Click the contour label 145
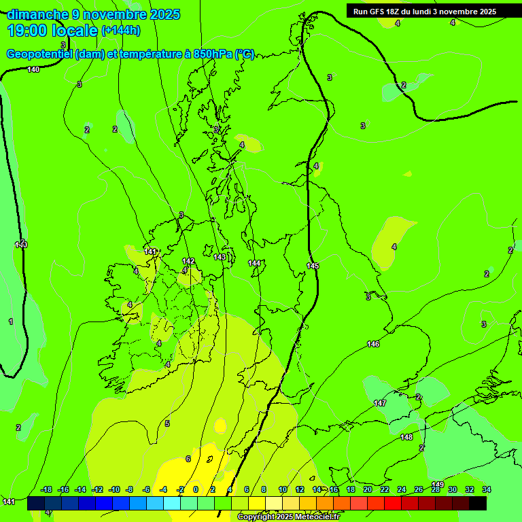point(313,266)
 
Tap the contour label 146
point(373,344)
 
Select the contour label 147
point(380,403)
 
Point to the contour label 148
point(406,437)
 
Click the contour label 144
point(254,263)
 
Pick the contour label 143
point(220,257)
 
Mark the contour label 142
point(188,261)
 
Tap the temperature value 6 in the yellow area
point(188,459)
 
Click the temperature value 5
point(167,423)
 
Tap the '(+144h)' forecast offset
point(120,31)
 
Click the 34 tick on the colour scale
point(487,489)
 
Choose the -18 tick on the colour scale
point(46,489)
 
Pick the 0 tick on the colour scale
point(196,489)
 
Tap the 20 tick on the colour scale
point(368,489)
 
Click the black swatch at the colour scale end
point(478,504)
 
